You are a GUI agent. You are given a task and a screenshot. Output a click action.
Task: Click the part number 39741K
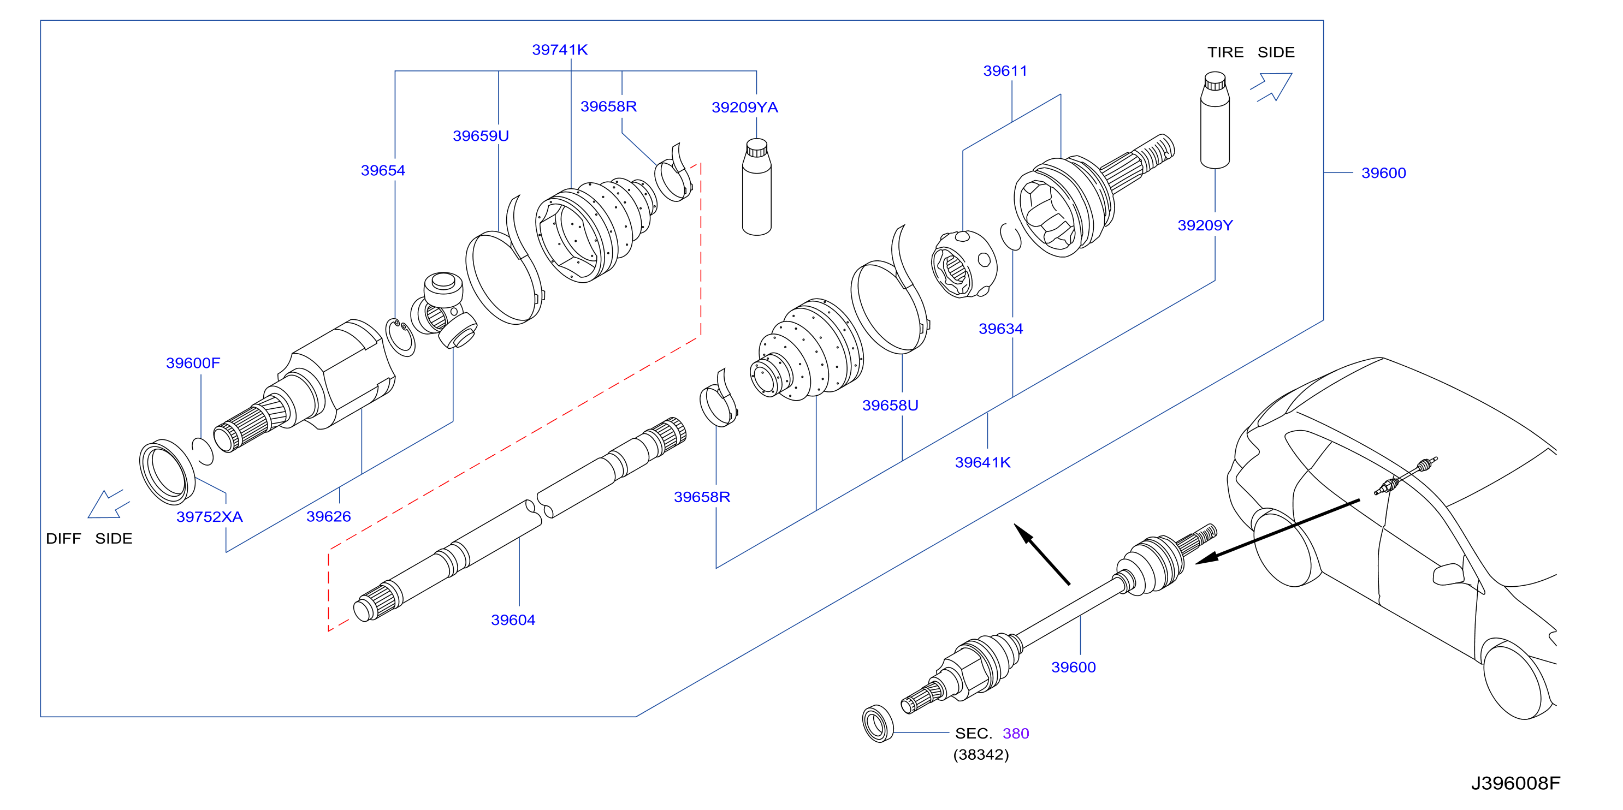click(560, 50)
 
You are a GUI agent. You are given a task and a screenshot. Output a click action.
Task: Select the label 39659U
click(481, 136)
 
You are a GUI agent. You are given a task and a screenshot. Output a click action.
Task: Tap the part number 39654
click(383, 171)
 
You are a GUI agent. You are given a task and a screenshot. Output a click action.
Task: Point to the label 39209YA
click(745, 108)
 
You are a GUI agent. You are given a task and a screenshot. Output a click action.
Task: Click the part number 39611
click(1005, 71)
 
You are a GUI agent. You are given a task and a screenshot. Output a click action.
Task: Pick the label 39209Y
click(1205, 225)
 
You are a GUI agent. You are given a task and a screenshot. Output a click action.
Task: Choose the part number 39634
click(1000, 329)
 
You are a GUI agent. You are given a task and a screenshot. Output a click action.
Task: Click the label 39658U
click(890, 406)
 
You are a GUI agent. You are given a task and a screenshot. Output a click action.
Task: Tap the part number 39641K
click(983, 463)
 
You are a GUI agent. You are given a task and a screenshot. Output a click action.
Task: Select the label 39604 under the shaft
click(513, 621)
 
